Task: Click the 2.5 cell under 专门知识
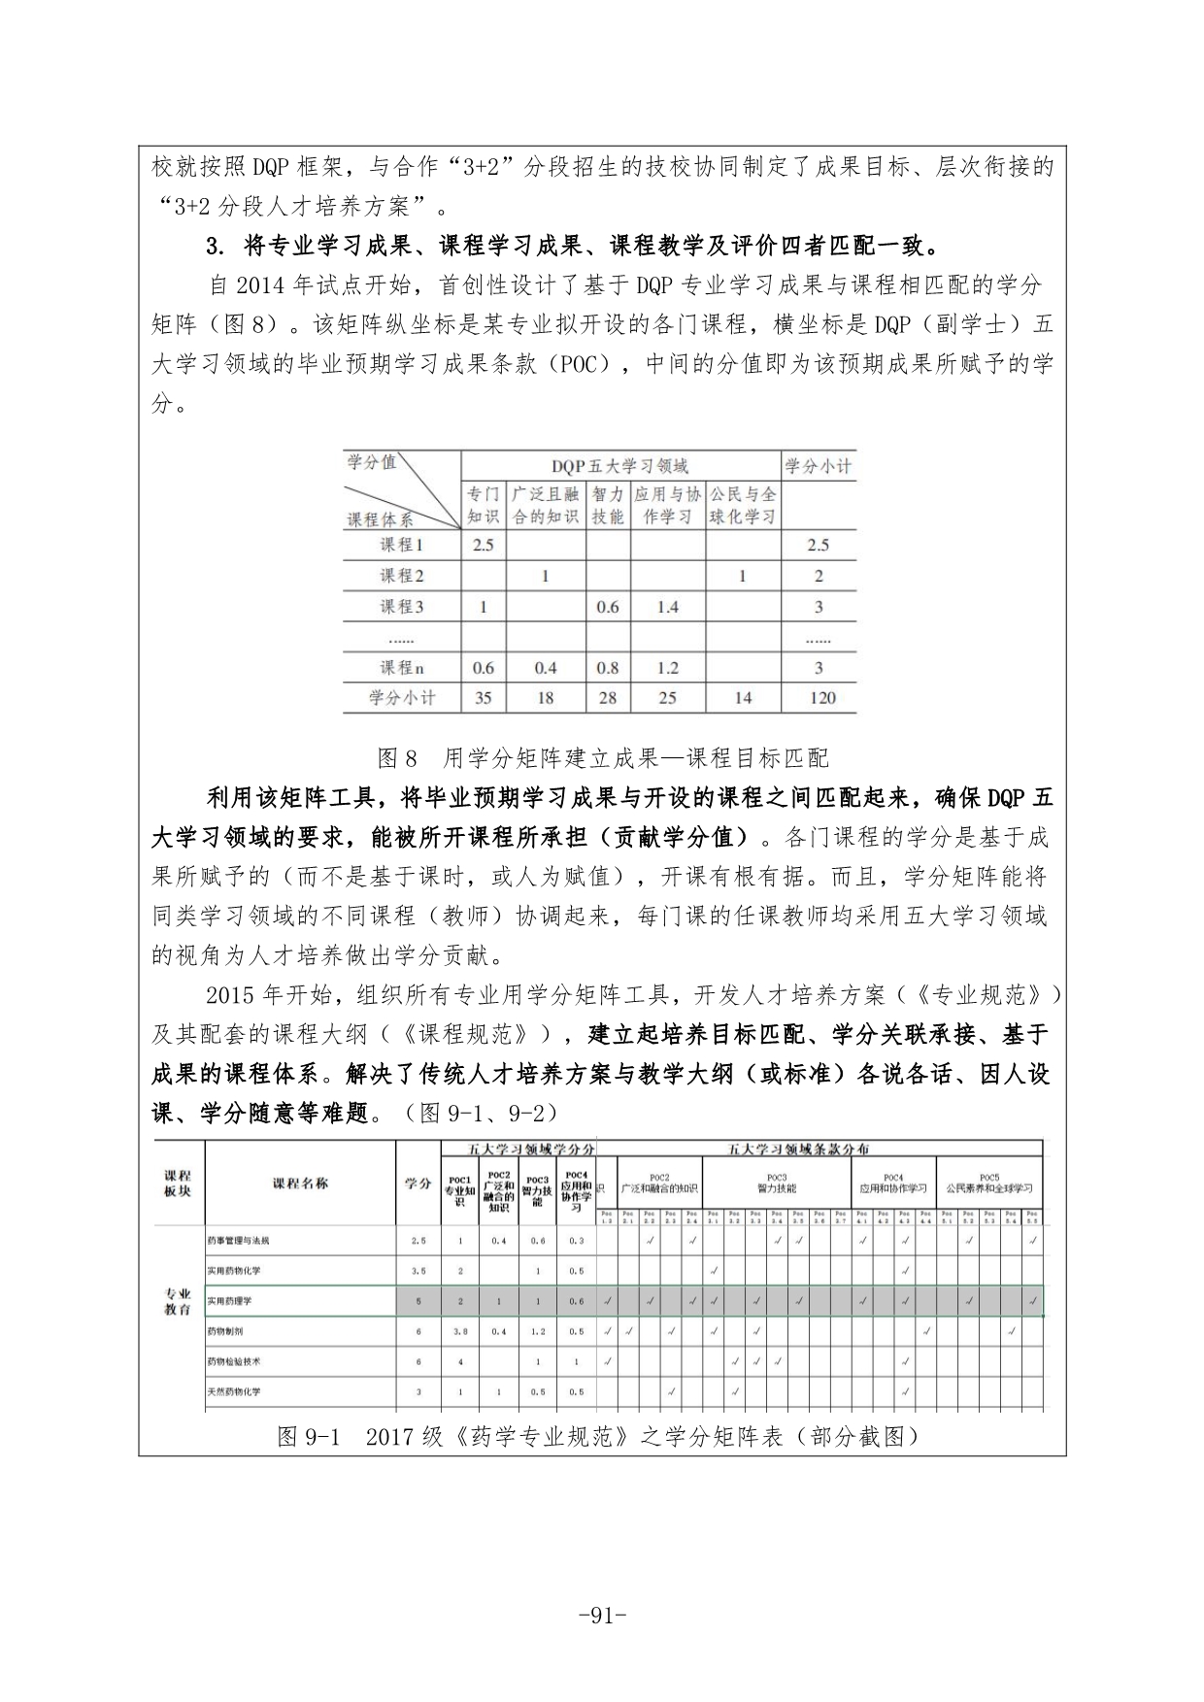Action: pyautogui.click(x=483, y=545)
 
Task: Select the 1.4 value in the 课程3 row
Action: pyautogui.click(x=667, y=607)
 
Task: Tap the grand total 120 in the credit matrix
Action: pyautogui.click(x=819, y=697)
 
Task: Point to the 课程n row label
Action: pyautogui.click(x=401, y=668)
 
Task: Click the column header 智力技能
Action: pyautogui.click(x=607, y=505)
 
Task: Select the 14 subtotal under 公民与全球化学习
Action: pyautogui.click(x=742, y=697)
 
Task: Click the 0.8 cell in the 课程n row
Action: pyautogui.click(x=607, y=668)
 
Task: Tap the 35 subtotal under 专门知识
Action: pyautogui.click(x=483, y=697)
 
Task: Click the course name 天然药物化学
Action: pyautogui.click(x=233, y=1391)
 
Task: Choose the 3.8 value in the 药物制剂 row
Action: pyautogui.click(x=460, y=1331)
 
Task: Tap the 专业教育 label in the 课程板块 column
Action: pyautogui.click(x=178, y=1302)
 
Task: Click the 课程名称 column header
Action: pyautogui.click(x=300, y=1183)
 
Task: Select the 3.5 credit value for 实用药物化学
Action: pyautogui.click(x=418, y=1270)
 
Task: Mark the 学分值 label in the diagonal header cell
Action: pyautogui.click(x=371, y=462)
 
